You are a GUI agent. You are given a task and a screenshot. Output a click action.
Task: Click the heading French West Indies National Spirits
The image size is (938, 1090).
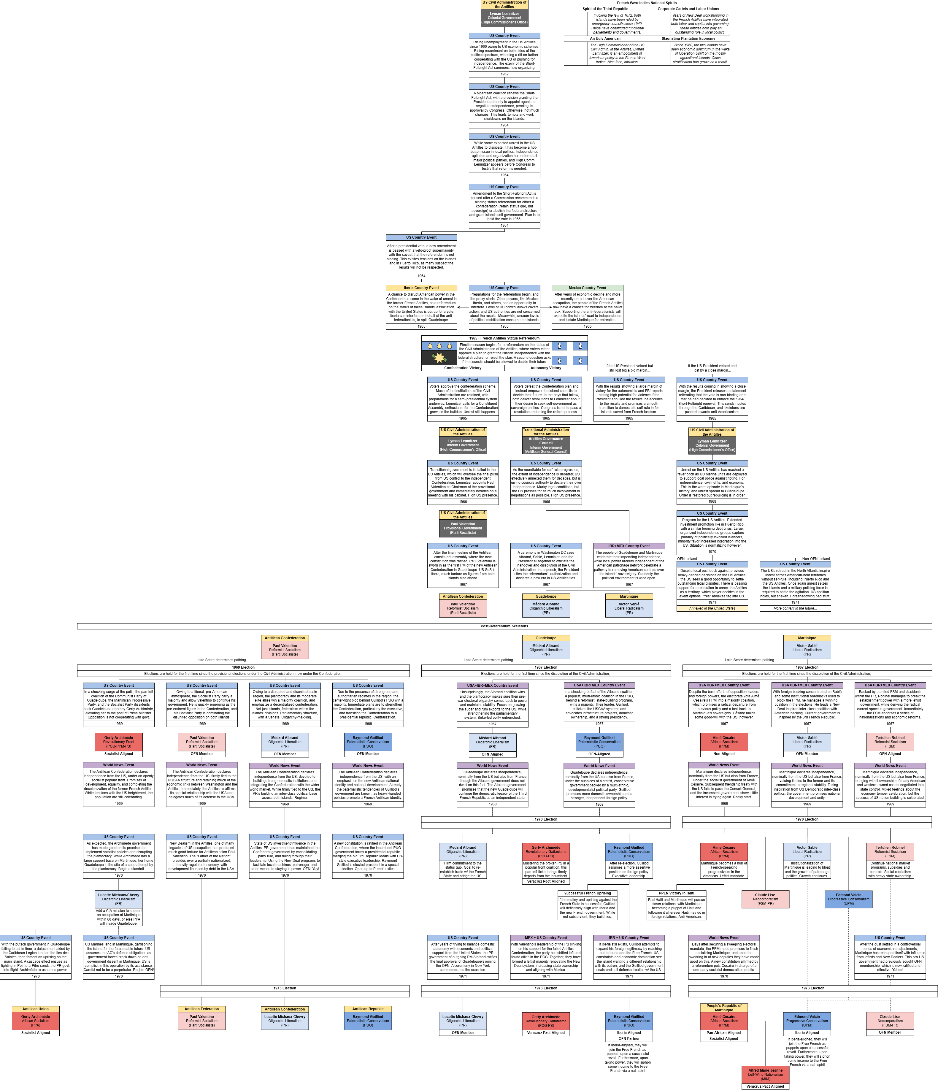(647, 3)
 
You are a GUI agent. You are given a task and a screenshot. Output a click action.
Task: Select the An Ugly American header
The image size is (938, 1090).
(605, 38)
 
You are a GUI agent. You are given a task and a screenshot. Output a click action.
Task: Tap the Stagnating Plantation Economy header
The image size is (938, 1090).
(688, 38)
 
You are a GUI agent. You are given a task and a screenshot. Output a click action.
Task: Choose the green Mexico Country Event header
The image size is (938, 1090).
(587, 288)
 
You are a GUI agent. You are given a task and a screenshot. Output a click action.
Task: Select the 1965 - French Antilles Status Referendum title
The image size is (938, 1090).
(504, 338)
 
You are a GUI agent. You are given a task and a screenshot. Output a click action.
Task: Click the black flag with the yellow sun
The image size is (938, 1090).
(439, 358)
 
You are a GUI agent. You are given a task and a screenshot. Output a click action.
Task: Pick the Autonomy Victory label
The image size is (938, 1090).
(545, 368)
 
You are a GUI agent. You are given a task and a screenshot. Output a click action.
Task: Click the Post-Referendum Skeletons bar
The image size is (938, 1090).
(504, 626)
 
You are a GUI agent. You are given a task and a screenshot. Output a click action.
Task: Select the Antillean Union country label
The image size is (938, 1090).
(35, 1009)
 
